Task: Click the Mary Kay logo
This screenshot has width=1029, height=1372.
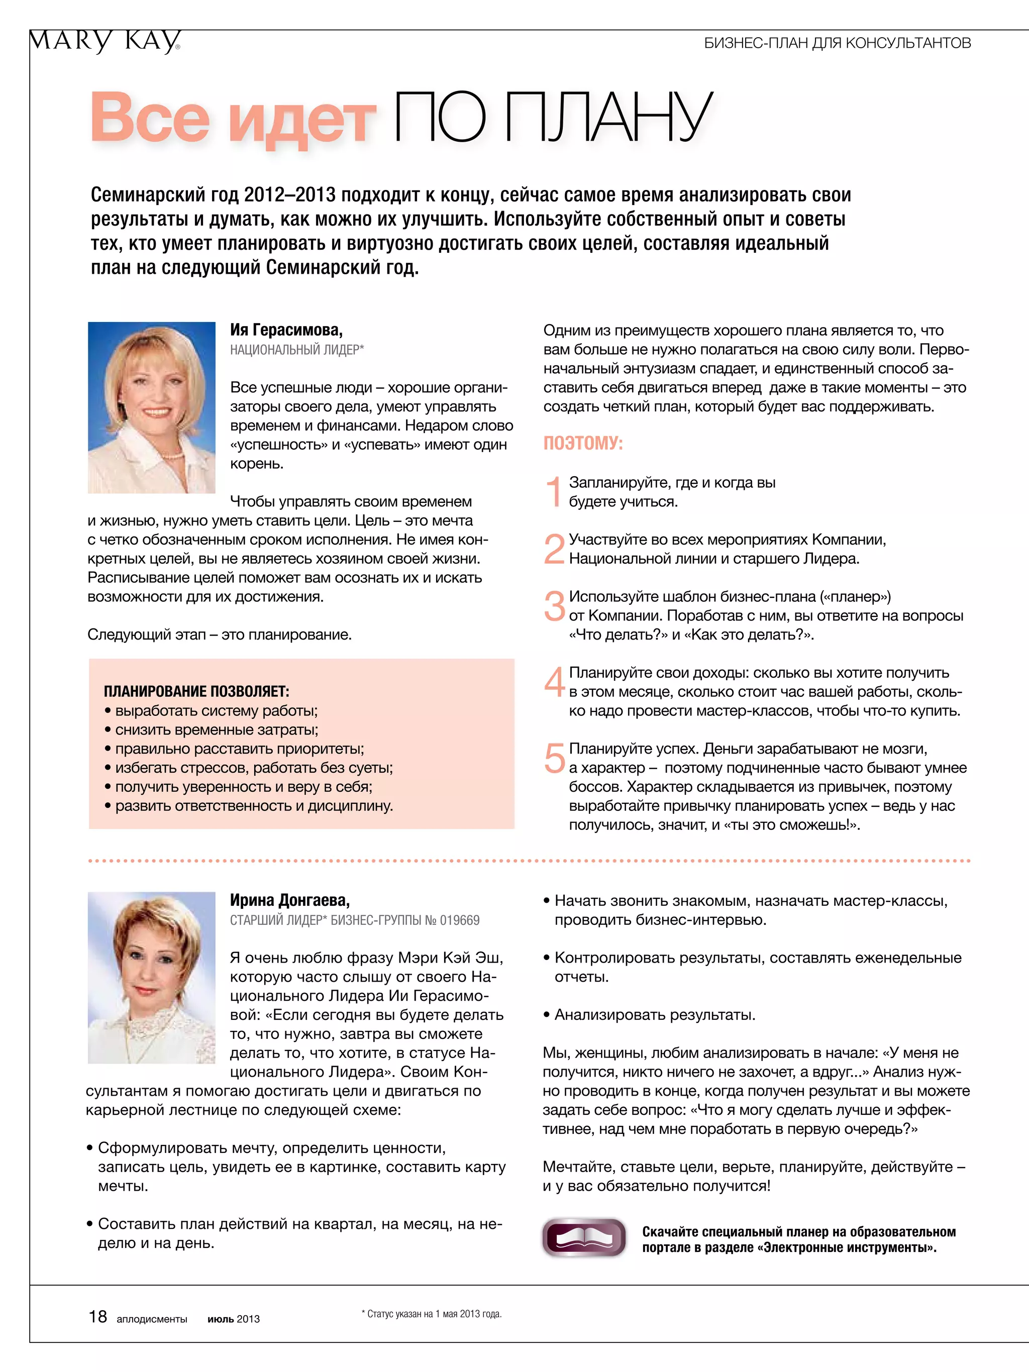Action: click(104, 42)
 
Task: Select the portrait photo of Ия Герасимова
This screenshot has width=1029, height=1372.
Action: click(151, 407)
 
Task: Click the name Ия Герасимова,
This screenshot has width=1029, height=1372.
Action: click(286, 330)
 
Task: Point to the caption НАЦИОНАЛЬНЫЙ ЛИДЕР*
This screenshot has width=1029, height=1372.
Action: click(296, 350)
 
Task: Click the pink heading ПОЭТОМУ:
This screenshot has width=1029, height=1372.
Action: click(582, 443)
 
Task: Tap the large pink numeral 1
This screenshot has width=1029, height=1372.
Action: click(553, 492)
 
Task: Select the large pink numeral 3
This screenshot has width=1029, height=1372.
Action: click(554, 606)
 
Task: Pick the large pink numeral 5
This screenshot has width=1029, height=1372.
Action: click(554, 758)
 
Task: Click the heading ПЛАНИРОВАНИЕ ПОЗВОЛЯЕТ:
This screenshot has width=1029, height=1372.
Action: click(196, 691)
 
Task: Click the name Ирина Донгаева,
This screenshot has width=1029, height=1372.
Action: click(290, 900)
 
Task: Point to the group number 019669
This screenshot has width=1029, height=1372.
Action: click(459, 920)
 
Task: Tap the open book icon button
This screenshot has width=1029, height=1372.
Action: click(584, 1238)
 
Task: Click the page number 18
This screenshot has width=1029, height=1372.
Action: click(98, 1317)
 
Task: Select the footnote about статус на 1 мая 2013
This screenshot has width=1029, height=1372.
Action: click(432, 1314)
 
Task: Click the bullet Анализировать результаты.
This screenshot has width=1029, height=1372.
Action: click(654, 1015)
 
